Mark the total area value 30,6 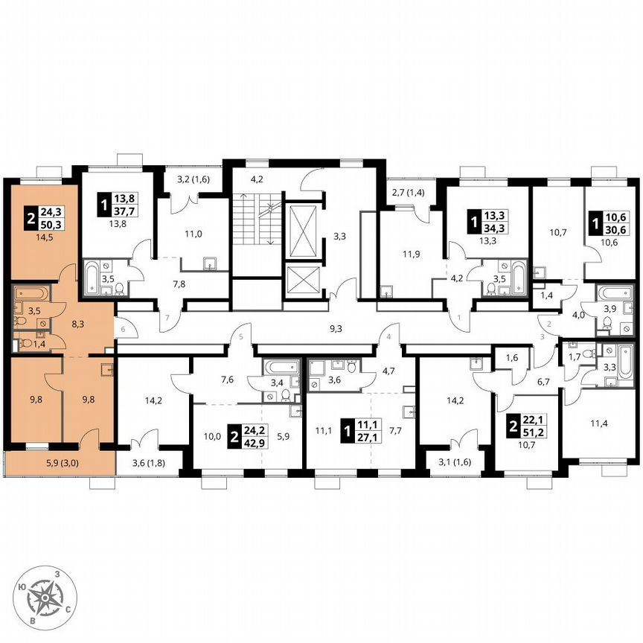(616, 231)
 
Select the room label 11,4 (595, 424)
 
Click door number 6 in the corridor (124, 324)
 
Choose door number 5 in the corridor (243, 336)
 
